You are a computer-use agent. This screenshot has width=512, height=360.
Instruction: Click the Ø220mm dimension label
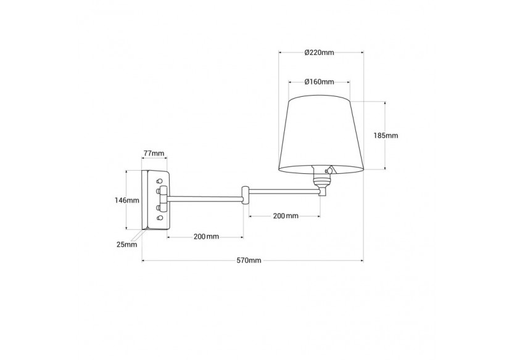pos(320,52)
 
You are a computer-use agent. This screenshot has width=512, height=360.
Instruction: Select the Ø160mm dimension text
pos(320,81)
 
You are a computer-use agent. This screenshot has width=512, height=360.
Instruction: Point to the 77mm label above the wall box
pos(154,153)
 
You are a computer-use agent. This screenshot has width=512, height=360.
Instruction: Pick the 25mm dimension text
pos(127,245)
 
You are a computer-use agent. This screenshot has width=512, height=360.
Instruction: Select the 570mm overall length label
pos(250,261)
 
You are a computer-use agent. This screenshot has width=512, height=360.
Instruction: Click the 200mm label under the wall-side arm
pos(206,237)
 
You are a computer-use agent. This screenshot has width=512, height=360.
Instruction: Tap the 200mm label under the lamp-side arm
pos(285,216)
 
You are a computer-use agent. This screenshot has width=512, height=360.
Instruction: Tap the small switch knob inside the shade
pos(331,169)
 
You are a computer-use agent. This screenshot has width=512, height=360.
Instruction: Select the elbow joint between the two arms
pos(246,195)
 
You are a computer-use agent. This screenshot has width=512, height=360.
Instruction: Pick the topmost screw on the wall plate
pos(160,181)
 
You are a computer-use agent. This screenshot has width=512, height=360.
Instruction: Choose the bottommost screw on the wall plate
pos(160,218)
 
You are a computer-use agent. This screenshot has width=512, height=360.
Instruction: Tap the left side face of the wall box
pos(145,200)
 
